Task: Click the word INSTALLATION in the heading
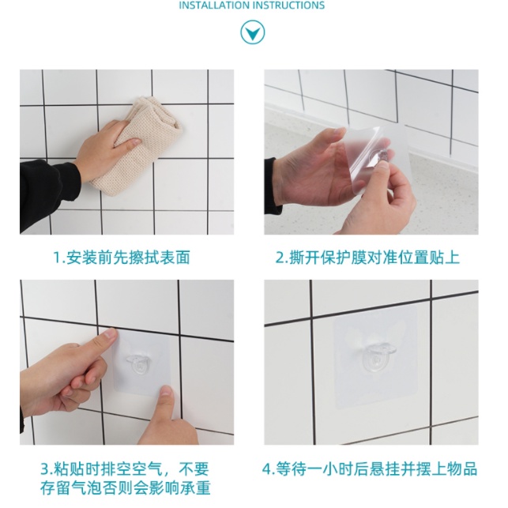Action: (x=214, y=6)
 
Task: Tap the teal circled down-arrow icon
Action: (x=252, y=32)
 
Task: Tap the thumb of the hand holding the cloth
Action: (x=128, y=143)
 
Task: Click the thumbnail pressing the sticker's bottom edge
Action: (x=166, y=391)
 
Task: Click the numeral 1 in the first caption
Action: (x=57, y=258)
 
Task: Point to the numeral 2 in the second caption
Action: (x=280, y=258)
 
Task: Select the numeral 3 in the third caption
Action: (x=45, y=469)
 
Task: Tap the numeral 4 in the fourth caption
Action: (x=266, y=469)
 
